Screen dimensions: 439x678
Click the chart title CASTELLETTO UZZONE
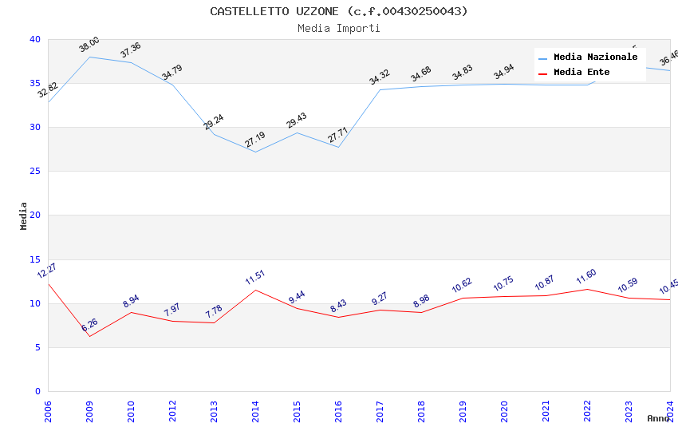coord(339,11)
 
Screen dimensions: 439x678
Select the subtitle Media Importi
coord(339,28)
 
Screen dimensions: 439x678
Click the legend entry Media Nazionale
coord(595,57)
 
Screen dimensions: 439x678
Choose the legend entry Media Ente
coord(581,73)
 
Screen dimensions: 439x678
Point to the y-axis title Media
coord(24,216)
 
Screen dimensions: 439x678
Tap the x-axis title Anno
coord(658,418)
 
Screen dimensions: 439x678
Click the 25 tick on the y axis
coord(35,172)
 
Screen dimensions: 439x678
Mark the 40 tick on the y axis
coord(35,40)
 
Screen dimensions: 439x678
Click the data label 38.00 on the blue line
coord(89,45)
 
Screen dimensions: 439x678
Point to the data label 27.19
coord(255,140)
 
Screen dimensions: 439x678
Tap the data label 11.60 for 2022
coord(586,277)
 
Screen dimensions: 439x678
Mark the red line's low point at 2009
coord(89,336)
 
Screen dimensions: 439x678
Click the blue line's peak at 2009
coord(89,57)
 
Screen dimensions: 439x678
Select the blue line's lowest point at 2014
coord(255,152)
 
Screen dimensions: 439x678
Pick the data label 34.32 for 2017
coord(380,77)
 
